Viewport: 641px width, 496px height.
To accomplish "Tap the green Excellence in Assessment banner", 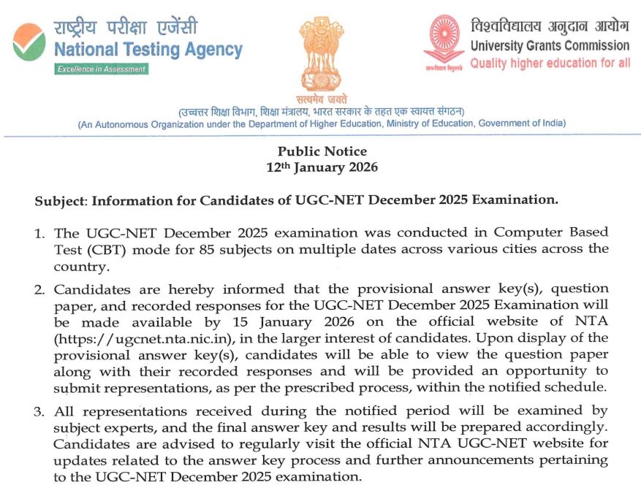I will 102,69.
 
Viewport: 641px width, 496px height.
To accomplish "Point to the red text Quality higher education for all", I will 550,64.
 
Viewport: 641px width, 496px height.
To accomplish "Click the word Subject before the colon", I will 60,200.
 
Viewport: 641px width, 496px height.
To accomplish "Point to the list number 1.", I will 40,233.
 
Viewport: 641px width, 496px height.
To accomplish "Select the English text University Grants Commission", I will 550,46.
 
